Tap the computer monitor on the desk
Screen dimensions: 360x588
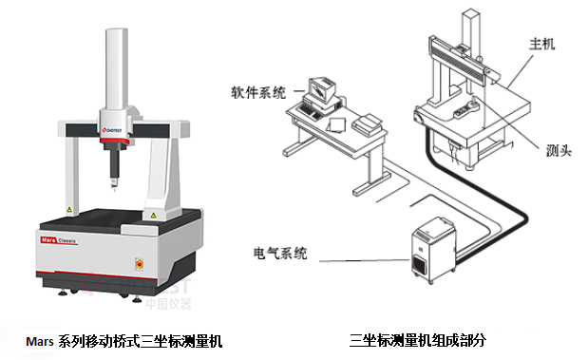pyautogui.click(x=320, y=91)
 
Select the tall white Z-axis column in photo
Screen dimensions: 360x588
pyautogui.click(x=116, y=71)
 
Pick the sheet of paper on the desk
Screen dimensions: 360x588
pyautogui.click(x=336, y=124)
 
